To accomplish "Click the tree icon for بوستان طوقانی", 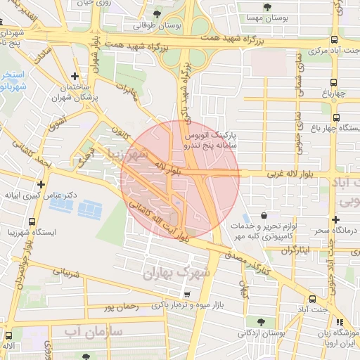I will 156,14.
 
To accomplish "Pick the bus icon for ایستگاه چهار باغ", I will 336,117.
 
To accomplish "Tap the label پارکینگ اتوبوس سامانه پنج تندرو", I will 210,139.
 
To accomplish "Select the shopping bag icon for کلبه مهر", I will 263,216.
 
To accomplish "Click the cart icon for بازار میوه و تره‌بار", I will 186,295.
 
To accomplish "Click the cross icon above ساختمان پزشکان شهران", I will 75,76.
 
